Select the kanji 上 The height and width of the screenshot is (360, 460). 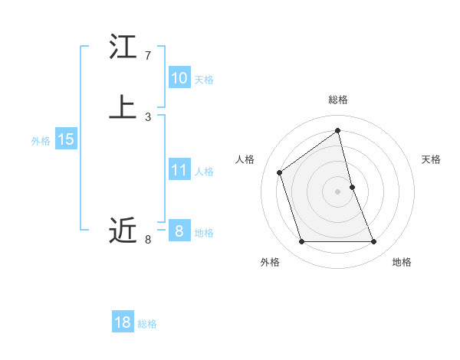pyautogui.click(x=123, y=107)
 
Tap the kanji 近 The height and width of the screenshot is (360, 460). pyautogui.click(x=123, y=230)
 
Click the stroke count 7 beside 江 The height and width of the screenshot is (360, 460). pyautogui.click(x=148, y=56)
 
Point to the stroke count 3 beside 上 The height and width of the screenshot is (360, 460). pyautogui.click(x=148, y=116)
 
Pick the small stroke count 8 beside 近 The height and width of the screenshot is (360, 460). pyautogui.click(x=148, y=240)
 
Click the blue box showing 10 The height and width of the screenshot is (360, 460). pyautogui.click(x=179, y=78)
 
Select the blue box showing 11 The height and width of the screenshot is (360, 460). pyautogui.click(x=179, y=170)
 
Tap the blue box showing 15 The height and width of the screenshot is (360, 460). pyautogui.click(x=66, y=139)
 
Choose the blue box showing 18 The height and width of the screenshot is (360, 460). pyautogui.click(x=123, y=322)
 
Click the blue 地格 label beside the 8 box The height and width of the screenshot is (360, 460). pyautogui.click(x=204, y=233)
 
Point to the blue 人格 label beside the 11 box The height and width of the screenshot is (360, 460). pyautogui.click(x=204, y=172)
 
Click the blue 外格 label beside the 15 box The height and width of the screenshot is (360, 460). pyautogui.click(x=41, y=141)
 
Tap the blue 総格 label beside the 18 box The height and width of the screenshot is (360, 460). pyautogui.click(x=147, y=324)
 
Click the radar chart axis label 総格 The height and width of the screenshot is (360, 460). pyautogui.click(x=338, y=100)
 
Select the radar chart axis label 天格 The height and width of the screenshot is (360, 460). pyautogui.click(x=431, y=159)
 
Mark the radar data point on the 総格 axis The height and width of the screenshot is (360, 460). pyautogui.click(x=338, y=131)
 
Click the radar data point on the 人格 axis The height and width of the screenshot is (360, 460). pyautogui.click(x=280, y=172)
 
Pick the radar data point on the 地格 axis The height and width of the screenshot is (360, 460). pyautogui.click(x=374, y=242)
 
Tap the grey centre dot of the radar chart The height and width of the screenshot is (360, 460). pyautogui.click(x=338, y=191)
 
